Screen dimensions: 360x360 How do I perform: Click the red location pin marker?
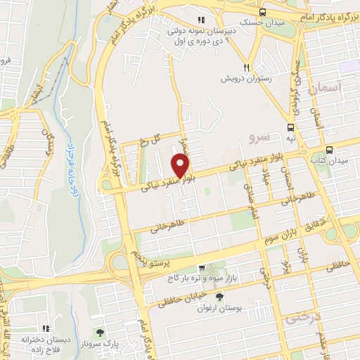[x=181, y=165]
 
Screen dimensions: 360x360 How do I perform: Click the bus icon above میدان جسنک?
[x=263, y=13]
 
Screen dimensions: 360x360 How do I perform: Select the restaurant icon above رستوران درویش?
[x=245, y=67]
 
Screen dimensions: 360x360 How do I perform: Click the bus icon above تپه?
[x=290, y=127]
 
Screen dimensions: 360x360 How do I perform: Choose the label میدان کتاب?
[x=329, y=161]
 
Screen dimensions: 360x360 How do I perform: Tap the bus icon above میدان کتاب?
[x=328, y=149]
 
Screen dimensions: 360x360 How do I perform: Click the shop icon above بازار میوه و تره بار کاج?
[x=202, y=268]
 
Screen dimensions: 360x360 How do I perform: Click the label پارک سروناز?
[x=99, y=344]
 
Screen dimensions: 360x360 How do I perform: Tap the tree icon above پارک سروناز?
[x=99, y=332]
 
